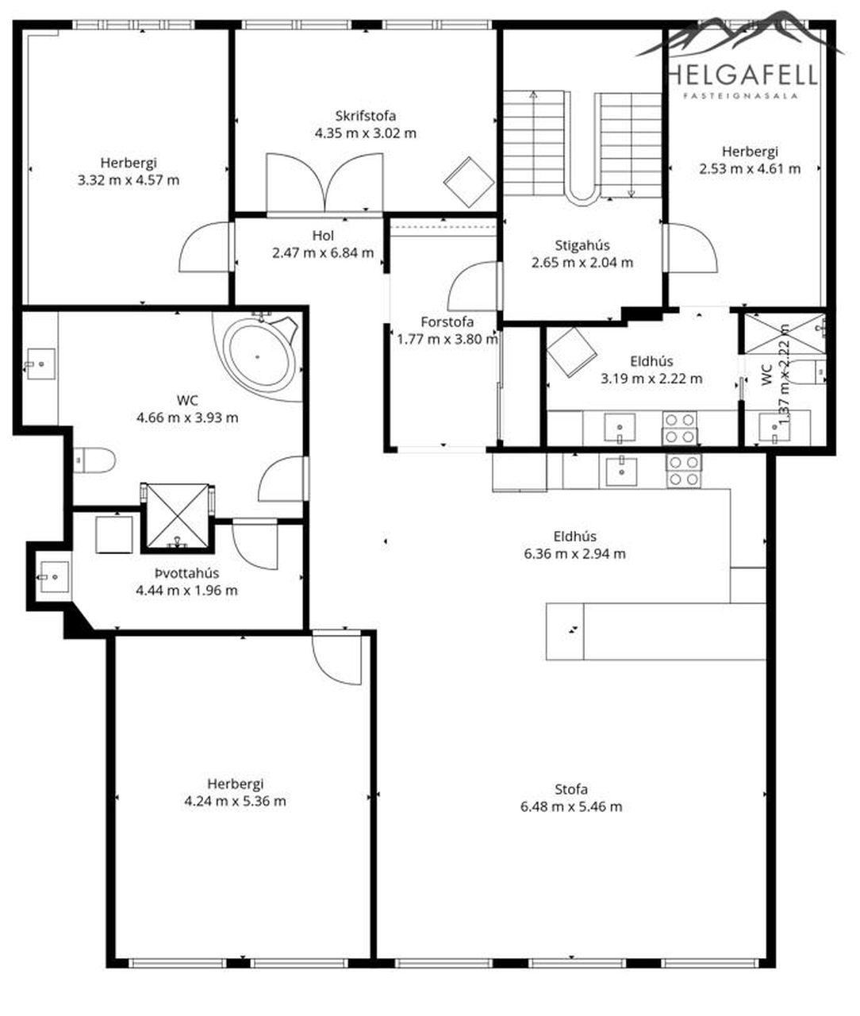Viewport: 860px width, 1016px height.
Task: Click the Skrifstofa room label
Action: click(x=366, y=116)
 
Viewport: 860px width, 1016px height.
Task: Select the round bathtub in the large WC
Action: click(x=258, y=357)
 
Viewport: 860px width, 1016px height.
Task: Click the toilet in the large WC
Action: click(x=94, y=460)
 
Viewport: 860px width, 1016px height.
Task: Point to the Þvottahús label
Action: click(x=186, y=573)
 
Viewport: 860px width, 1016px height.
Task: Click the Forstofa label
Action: click(x=447, y=322)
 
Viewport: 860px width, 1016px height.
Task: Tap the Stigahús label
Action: click(x=582, y=245)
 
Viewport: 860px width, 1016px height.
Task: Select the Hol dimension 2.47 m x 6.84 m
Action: click(x=323, y=252)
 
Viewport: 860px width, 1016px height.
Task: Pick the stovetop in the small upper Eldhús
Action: click(x=680, y=428)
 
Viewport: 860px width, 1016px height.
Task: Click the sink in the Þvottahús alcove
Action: click(x=54, y=576)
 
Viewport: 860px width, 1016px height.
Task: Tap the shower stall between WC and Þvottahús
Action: click(x=178, y=516)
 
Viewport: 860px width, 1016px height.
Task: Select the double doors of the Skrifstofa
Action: click(x=324, y=183)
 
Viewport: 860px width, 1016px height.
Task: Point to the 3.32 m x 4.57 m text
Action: click(x=129, y=180)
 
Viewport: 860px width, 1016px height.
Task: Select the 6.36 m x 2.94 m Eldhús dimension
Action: click(x=574, y=553)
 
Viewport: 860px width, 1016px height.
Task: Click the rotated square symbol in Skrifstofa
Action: click(x=468, y=182)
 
